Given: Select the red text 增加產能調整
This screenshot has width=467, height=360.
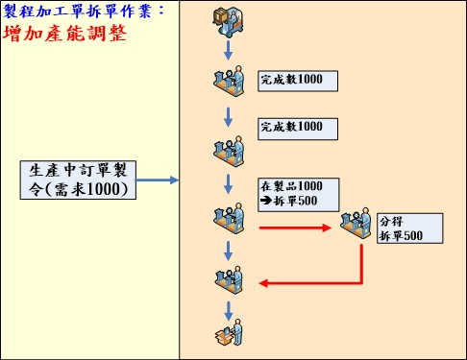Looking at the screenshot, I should [x=65, y=34].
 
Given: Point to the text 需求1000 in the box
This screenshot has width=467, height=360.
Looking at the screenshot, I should [x=91, y=190].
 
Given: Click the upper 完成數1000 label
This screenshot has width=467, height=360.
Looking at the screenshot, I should [x=298, y=80].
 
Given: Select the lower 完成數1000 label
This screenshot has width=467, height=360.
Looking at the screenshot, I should [x=298, y=127].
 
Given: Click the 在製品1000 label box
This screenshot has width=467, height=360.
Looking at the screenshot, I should [x=298, y=193].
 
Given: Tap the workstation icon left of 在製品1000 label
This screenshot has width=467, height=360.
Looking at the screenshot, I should [x=228, y=217].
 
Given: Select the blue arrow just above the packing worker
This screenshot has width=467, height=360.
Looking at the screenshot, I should [x=229, y=308].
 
